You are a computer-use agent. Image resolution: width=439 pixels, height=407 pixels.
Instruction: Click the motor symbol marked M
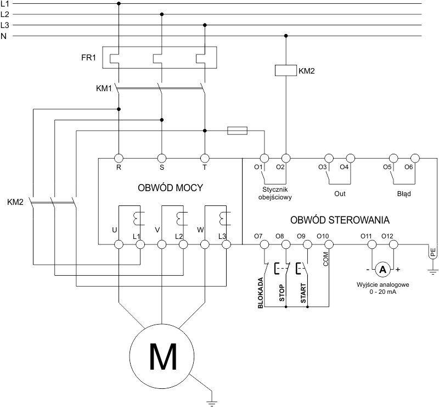tap(162, 356)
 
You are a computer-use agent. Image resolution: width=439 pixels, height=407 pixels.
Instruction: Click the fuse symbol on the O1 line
tap(237, 130)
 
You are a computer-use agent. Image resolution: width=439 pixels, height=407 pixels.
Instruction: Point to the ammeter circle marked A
tap(384, 269)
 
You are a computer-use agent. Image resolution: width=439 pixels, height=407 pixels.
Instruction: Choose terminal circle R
tap(119, 158)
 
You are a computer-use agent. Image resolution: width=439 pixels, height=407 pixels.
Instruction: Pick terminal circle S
tap(161, 158)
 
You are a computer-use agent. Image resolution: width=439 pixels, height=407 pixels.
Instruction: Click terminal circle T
tap(205, 158)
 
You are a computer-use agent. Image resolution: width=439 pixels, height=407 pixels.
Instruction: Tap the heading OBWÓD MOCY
tap(170, 188)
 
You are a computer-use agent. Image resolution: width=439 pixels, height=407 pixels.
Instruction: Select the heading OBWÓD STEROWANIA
tap(340, 220)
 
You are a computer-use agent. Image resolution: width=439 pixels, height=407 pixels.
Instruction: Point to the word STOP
tap(282, 293)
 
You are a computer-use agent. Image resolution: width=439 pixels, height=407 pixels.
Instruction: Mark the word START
tap(303, 292)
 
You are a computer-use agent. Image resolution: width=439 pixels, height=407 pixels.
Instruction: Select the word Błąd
tap(403, 193)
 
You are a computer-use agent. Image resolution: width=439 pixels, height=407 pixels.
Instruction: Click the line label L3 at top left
tap(5, 25)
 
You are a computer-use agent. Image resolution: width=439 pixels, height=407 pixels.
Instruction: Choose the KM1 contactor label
tap(104, 87)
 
